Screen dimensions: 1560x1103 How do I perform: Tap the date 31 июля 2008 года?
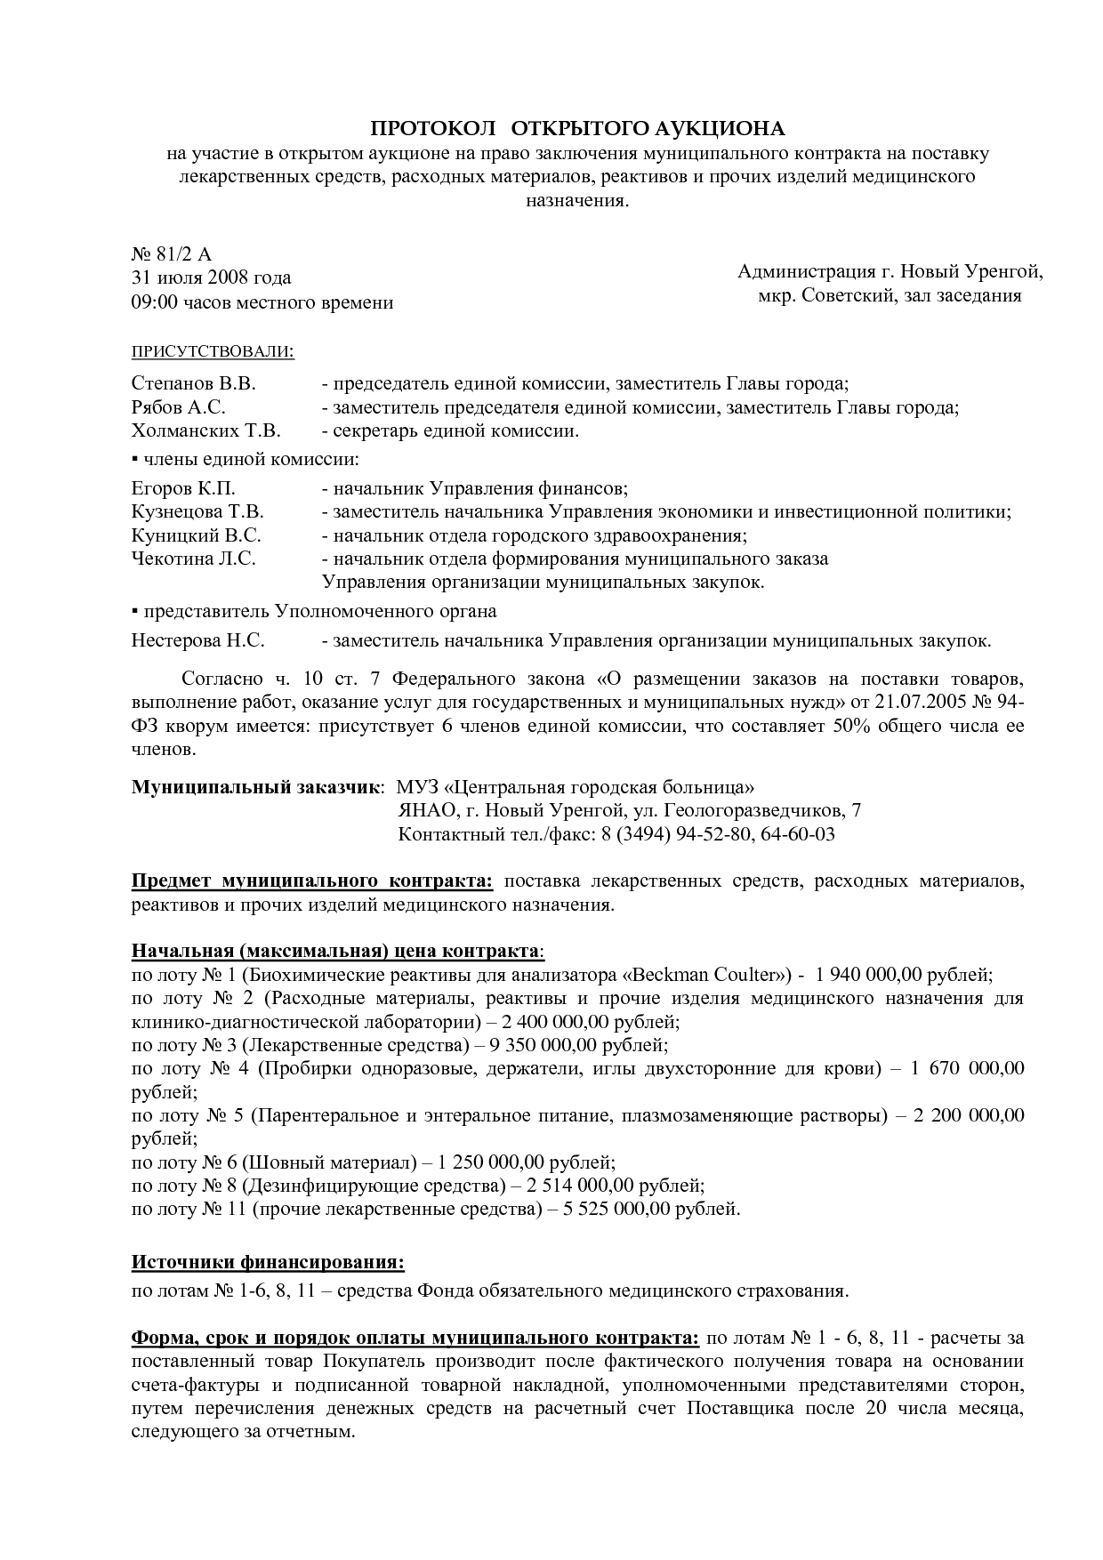pos(211,278)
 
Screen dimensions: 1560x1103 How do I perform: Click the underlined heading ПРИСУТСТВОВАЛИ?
pos(213,350)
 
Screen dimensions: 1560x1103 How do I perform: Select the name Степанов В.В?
pos(193,384)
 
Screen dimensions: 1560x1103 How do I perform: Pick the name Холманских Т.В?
pos(205,431)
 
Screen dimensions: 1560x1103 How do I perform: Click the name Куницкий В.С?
pos(196,535)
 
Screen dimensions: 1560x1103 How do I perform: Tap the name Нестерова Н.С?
pos(197,641)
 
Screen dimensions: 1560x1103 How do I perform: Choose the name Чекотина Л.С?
pos(193,559)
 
